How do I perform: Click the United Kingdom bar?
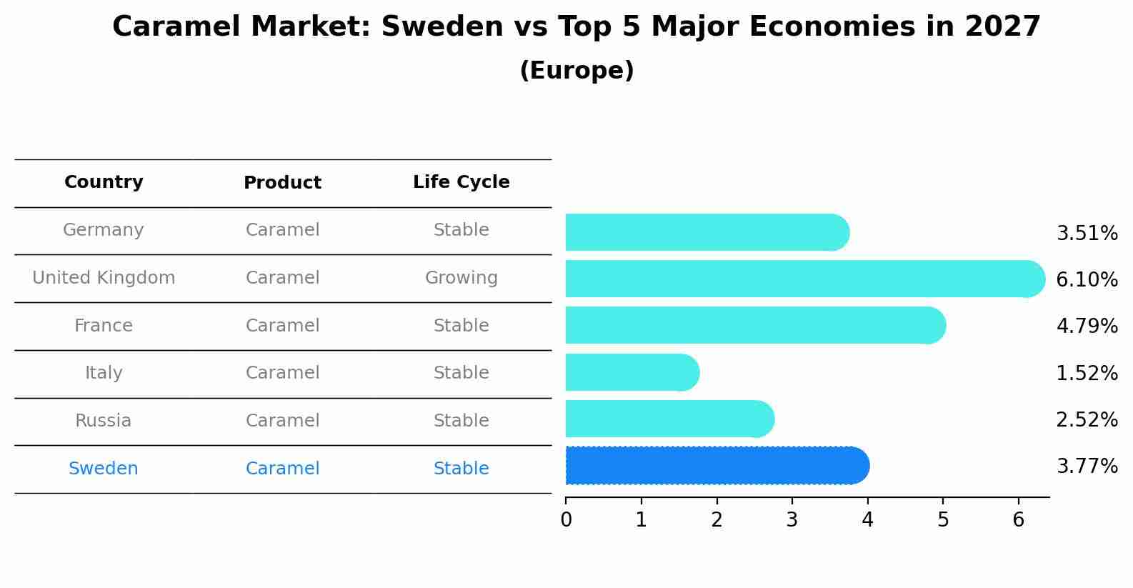(804, 279)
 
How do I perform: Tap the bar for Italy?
(632, 372)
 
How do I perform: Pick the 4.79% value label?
(1087, 327)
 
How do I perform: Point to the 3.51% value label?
(1087, 234)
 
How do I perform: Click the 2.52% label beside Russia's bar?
(1087, 420)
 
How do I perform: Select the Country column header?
(104, 182)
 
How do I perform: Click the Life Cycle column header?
(461, 182)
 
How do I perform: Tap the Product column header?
(282, 183)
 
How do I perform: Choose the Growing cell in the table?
(461, 278)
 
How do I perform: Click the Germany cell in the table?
(104, 230)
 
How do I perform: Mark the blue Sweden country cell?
(104, 469)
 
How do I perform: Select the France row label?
(104, 326)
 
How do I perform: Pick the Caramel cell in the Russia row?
(282, 421)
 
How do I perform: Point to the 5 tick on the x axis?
(943, 520)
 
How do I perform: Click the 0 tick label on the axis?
(566, 520)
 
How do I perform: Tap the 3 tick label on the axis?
(792, 520)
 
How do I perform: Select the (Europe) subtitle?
(577, 71)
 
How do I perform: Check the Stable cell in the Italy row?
(461, 373)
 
